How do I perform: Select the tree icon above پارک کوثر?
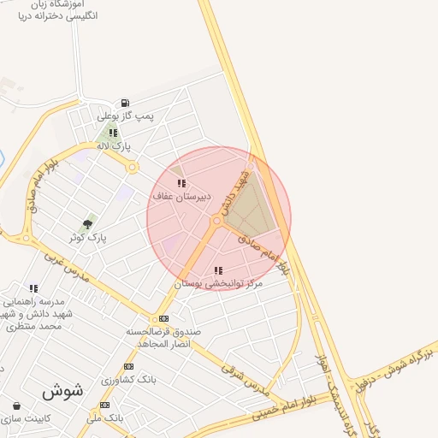pos(87,224)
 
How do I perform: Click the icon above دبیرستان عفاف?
pos(181,183)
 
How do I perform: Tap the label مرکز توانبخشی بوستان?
pos(218,283)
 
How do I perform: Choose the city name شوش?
pos(62,391)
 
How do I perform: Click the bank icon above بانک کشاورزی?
pos(128,366)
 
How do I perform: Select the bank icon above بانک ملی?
pos(104,405)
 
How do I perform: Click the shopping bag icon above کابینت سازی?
pos(16,405)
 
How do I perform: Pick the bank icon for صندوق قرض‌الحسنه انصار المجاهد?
pos(164,318)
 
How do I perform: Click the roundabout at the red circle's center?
pos(216,221)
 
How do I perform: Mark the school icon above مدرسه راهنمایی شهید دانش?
pos(33,289)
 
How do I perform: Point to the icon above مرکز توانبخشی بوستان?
pos(218,270)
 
